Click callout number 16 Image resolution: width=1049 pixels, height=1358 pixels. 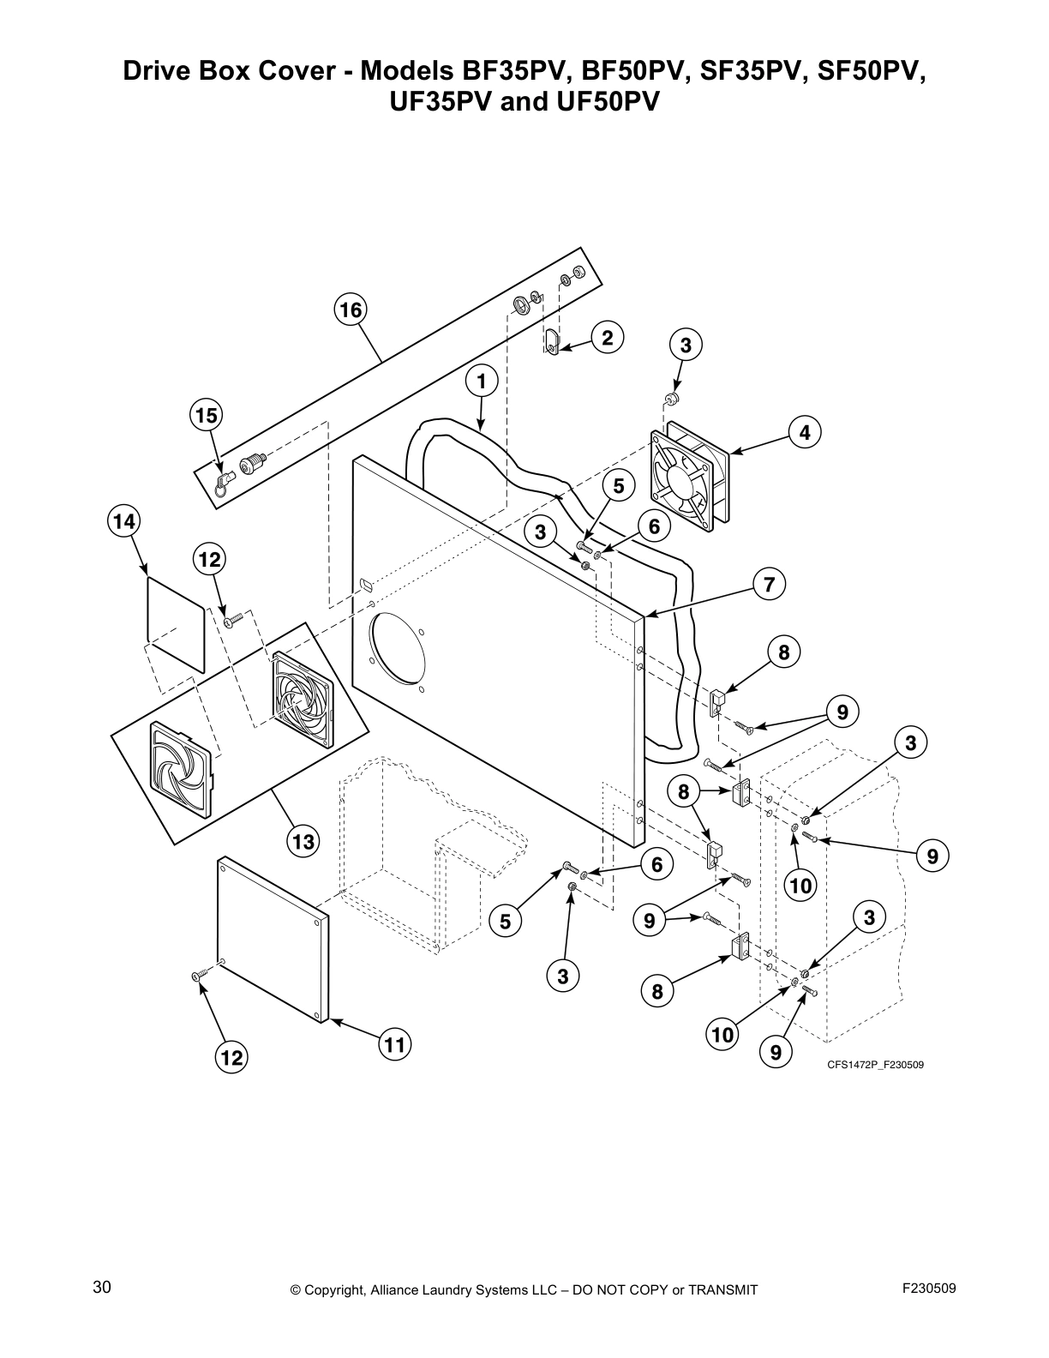[350, 309]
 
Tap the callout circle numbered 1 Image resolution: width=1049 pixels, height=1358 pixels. [482, 380]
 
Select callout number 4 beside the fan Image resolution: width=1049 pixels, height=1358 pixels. [804, 433]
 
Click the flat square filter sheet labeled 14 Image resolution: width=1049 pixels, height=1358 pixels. [175, 622]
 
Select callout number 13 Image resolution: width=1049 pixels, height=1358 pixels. [303, 841]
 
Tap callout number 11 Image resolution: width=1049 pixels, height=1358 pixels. [394, 1044]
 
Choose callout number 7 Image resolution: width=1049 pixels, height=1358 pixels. [769, 585]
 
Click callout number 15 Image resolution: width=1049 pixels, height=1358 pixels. [206, 416]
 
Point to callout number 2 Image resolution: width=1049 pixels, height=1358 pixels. [607, 337]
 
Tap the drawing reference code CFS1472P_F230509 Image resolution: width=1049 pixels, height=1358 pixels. [875, 1065]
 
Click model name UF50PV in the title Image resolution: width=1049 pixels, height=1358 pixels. [616, 102]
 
